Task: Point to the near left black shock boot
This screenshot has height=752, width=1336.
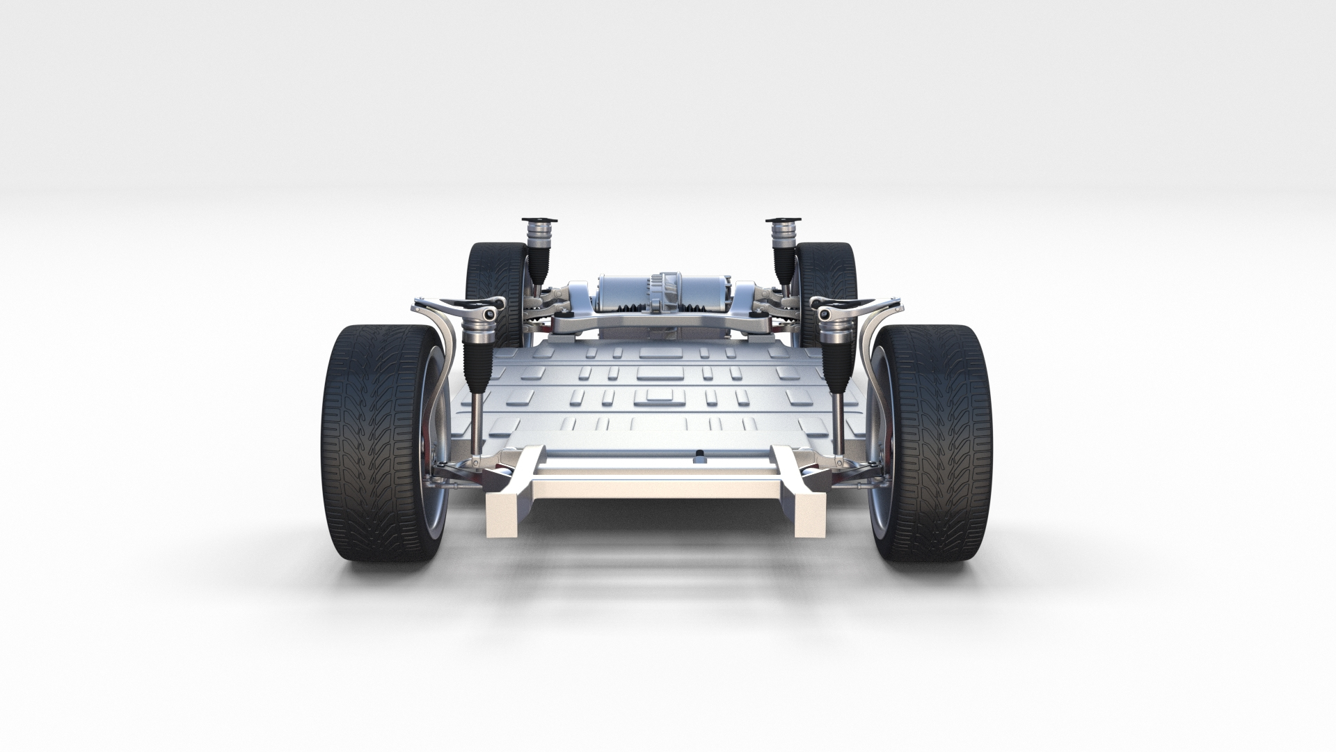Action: [477, 362]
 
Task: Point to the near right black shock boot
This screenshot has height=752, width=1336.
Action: [836, 362]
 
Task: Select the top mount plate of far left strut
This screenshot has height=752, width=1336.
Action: [539, 221]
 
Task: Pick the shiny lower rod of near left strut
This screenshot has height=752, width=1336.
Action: [475, 425]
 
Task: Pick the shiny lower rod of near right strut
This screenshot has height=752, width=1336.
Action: [840, 425]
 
